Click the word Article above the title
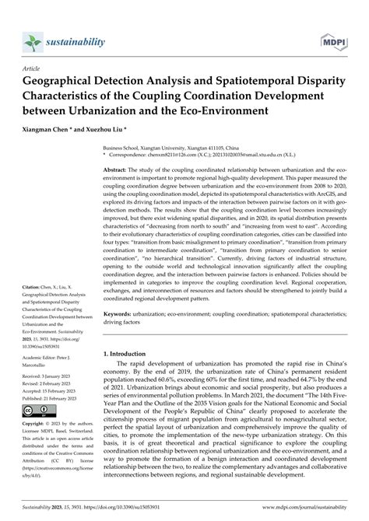(x=35, y=68)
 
